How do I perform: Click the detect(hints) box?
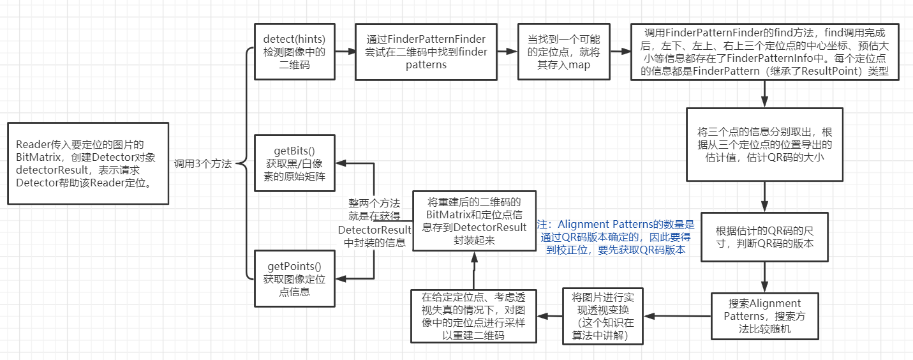point(294,52)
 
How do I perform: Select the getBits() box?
point(294,163)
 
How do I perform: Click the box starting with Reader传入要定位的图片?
point(87,163)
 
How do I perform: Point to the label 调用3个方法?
point(203,163)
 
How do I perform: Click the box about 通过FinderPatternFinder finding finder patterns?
point(426,52)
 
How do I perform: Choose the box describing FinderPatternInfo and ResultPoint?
point(764,52)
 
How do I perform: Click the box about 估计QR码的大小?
point(764,144)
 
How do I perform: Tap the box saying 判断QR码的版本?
point(764,237)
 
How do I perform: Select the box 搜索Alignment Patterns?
point(764,315)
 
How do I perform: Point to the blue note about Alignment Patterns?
point(616,237)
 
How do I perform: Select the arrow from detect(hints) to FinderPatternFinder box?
point(345,52)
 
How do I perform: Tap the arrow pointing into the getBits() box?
point(355,163)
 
